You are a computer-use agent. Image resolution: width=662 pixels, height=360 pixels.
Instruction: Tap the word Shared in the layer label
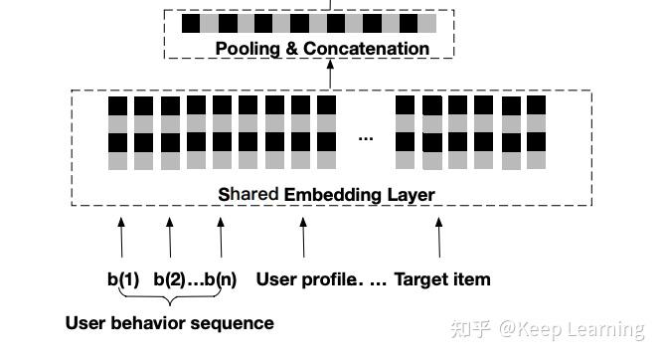click(x=248, y=194)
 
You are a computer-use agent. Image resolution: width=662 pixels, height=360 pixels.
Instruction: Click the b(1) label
click(x=123, y=279)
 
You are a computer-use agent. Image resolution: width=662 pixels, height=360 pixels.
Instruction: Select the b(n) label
click(x=221, y=279)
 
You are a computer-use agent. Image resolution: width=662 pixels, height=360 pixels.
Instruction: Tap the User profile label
click(x=307, y=279)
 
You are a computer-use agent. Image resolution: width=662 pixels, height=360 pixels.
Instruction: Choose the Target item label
click(x=442, y=279)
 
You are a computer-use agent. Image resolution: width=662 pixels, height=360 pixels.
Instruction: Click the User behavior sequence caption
click(x=169, y=323)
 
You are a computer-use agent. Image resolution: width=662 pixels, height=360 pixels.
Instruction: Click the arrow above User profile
click(x=303, y=239)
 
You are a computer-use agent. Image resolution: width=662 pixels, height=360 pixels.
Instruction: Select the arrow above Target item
click(x=438, y=239)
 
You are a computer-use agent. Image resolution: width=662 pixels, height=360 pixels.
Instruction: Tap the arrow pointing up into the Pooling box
click(x=328, y=75)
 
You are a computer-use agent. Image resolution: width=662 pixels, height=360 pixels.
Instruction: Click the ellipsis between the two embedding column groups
click(x=366, y=137)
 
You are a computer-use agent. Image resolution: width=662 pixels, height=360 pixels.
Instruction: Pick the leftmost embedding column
click(x=118, y=132)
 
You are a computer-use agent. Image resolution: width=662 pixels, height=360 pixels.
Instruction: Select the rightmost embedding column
click(x=537, y=132)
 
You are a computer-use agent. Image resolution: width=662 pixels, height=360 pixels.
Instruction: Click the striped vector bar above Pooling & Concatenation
click(x=308, y=23)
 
